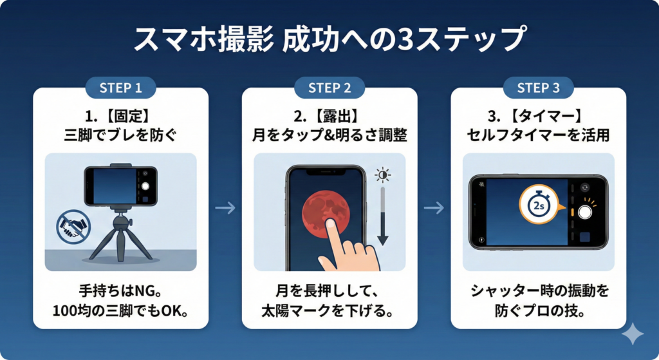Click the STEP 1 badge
click(x=121, y=88)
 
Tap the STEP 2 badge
click(x=329, y=88)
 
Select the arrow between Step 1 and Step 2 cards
click(x=225, y=207)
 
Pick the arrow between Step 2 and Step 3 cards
click(x=434, y=207)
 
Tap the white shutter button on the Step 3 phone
click(x=585, y=213)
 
